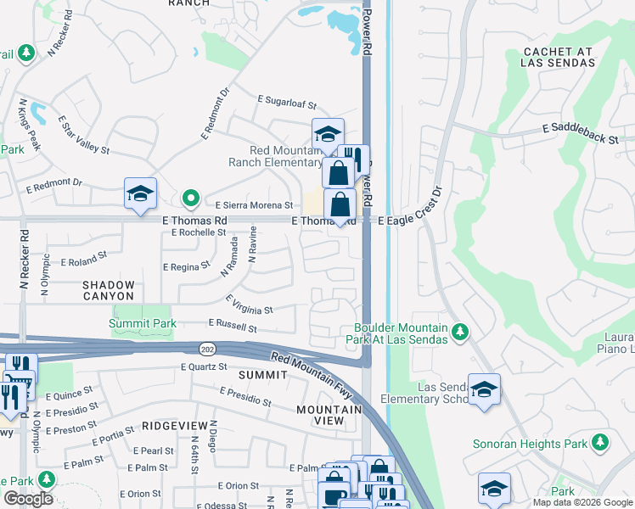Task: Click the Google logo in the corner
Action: (28, 499)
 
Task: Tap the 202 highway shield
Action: (208, 349)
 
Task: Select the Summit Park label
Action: (143, 323)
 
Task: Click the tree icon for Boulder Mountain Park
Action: (459, 329)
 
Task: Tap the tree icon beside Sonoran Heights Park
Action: (600, 442)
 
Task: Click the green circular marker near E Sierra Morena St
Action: (192, 199)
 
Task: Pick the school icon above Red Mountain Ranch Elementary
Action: (327, 133)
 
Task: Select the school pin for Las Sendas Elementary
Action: (484, 389)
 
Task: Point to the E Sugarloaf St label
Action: (287, 103)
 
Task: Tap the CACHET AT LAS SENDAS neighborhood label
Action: (559, 57)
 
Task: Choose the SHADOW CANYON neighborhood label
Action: (109, 290)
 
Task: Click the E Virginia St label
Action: (249, 305)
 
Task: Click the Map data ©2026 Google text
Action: (582, 502)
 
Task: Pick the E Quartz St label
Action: (204, 366)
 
